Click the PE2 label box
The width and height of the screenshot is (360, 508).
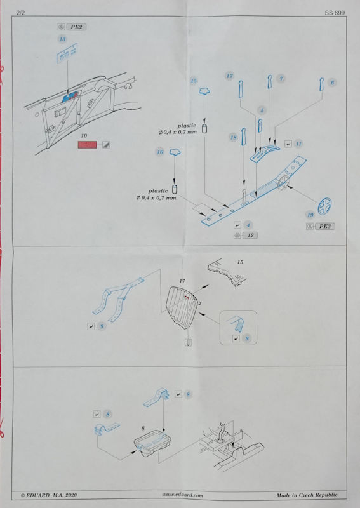coord(76,27)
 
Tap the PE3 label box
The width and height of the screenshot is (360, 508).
coord(324,226)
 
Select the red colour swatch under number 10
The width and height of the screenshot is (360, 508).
coord(87,145)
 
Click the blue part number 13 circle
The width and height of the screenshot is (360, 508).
coord(62,39)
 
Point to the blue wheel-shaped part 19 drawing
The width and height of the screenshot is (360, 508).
coord(324,206)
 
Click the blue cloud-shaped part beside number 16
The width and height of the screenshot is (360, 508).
coord(175,151)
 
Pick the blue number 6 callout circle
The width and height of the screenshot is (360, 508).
coord(332,83)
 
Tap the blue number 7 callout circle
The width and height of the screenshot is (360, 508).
coord(281,79)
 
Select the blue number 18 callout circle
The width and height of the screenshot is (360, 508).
coord(233,137)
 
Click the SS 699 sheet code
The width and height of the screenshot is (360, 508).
coord(335,13)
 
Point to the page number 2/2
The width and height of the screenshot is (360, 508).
coord(20,13)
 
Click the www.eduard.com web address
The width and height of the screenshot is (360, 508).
coord(182,495)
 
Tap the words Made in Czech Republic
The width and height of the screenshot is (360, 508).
coord(307,495)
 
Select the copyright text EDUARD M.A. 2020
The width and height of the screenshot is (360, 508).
coord(49,495)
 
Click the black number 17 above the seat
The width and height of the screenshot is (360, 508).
coord(182,281)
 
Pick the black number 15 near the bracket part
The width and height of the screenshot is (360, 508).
coord(240,262)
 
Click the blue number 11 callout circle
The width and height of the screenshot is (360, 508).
coord(298,144)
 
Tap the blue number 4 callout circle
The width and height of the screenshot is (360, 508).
coord(248,225)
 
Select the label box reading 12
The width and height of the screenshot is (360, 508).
coord(250,235)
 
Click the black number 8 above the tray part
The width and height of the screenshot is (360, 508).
coord(143,428)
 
